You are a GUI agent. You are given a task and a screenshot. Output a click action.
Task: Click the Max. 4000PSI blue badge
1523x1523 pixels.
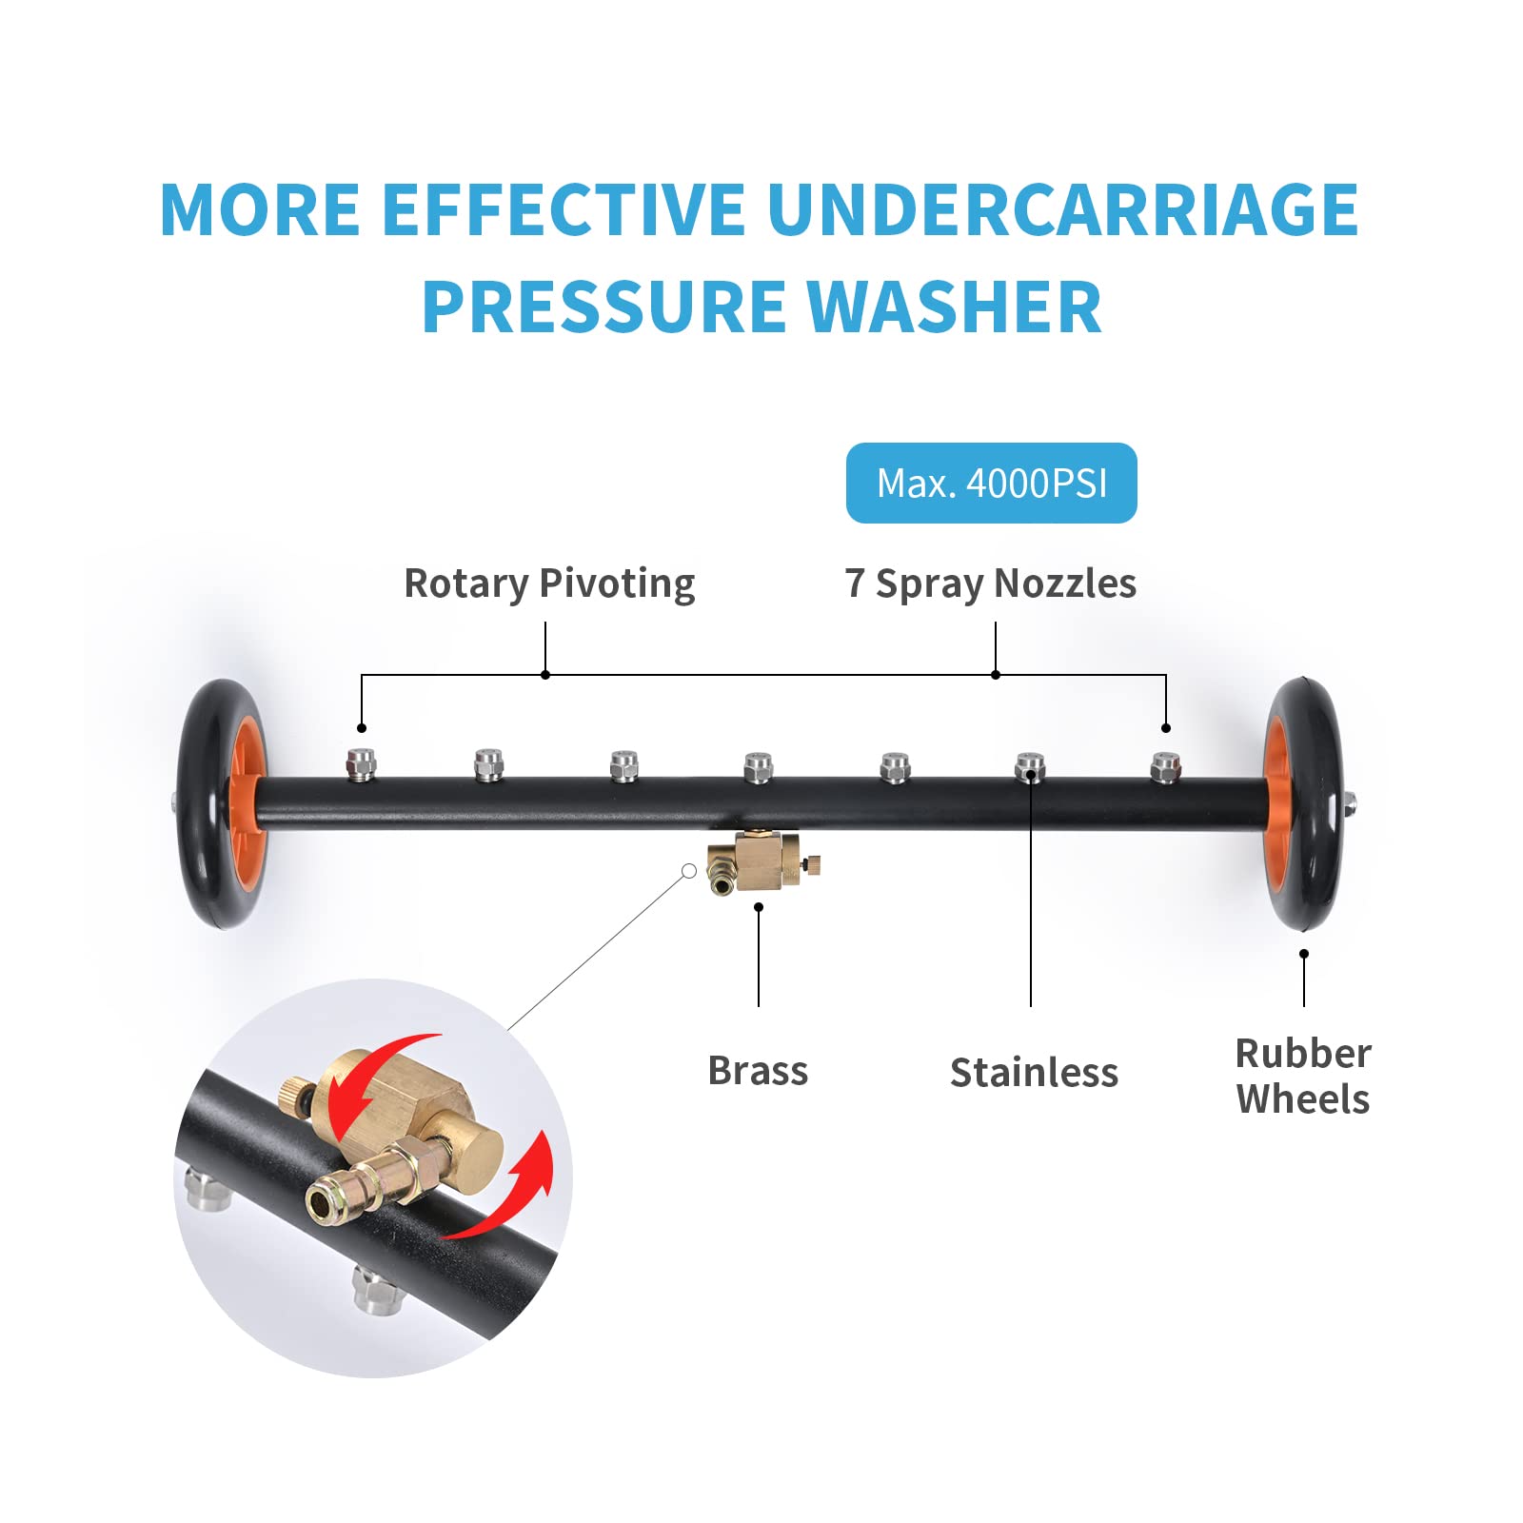point(991,483)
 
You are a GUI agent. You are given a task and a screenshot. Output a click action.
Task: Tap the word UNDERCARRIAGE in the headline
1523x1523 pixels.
point(1062,209)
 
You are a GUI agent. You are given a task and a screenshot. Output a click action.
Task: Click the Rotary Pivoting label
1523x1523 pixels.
point(549,583)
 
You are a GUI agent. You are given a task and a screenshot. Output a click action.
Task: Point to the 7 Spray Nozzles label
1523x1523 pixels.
point(990,583)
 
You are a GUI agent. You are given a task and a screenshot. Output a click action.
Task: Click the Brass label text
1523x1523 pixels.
point(758,1071)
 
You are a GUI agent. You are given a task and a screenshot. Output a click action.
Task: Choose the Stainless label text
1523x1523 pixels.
point(1034,1073)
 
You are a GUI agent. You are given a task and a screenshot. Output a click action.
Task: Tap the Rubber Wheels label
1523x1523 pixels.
point(1303,1077)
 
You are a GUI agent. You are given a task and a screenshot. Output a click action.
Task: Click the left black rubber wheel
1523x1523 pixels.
point(223,804)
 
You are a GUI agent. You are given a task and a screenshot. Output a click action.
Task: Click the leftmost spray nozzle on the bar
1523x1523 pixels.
point(361,764)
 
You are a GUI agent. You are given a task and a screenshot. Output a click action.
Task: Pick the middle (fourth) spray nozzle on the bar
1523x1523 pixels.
point(758,767)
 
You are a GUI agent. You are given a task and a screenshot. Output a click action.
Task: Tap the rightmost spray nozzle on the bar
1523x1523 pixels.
point(1165,767)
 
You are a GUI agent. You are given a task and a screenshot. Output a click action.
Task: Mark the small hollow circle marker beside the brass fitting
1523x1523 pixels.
point(689,871)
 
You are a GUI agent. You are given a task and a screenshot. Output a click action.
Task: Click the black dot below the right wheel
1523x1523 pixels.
point(1304,954)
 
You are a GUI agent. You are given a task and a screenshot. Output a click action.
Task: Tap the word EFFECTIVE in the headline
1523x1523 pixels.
point(564,209)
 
